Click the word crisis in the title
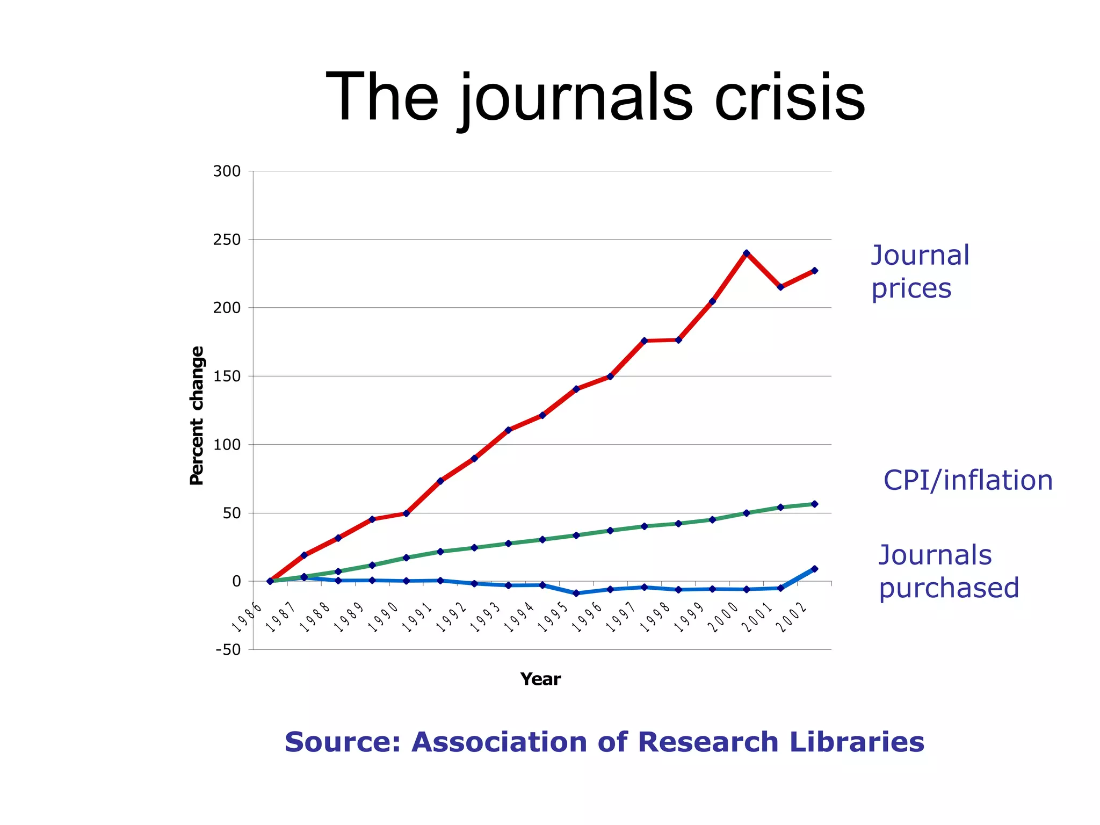click(x=789, y=98)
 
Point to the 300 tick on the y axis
click(x=227, y=171)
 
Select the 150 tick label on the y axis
click(x=227, y=377)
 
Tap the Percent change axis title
click(x=197, y=416)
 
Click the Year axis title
click(x=540, y=679)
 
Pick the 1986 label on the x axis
click(x=247, y=618)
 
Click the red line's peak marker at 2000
click(x=747, y=253)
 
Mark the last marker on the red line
click(x=815, y=271)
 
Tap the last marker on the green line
click(x=815, y=504)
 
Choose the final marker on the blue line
click(x=815, y=569)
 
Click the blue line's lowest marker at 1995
click(x=576, y=594)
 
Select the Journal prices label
click(x=920, y=272)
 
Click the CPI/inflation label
click(x=968, y=480)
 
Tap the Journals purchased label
click(x=948, y=571)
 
